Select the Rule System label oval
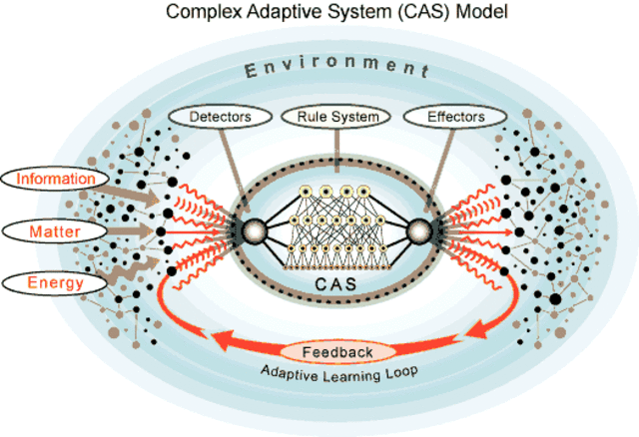tap(337, 117)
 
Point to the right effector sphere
tap(420, 231)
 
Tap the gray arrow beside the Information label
tap(131, 189)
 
